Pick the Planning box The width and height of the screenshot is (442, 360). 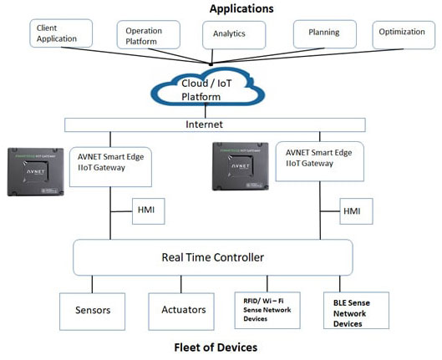click(323, 33)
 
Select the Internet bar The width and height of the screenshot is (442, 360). click(216, 125)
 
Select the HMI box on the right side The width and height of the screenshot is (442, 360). click(352, 211)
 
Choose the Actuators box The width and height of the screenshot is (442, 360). click(183, 310)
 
